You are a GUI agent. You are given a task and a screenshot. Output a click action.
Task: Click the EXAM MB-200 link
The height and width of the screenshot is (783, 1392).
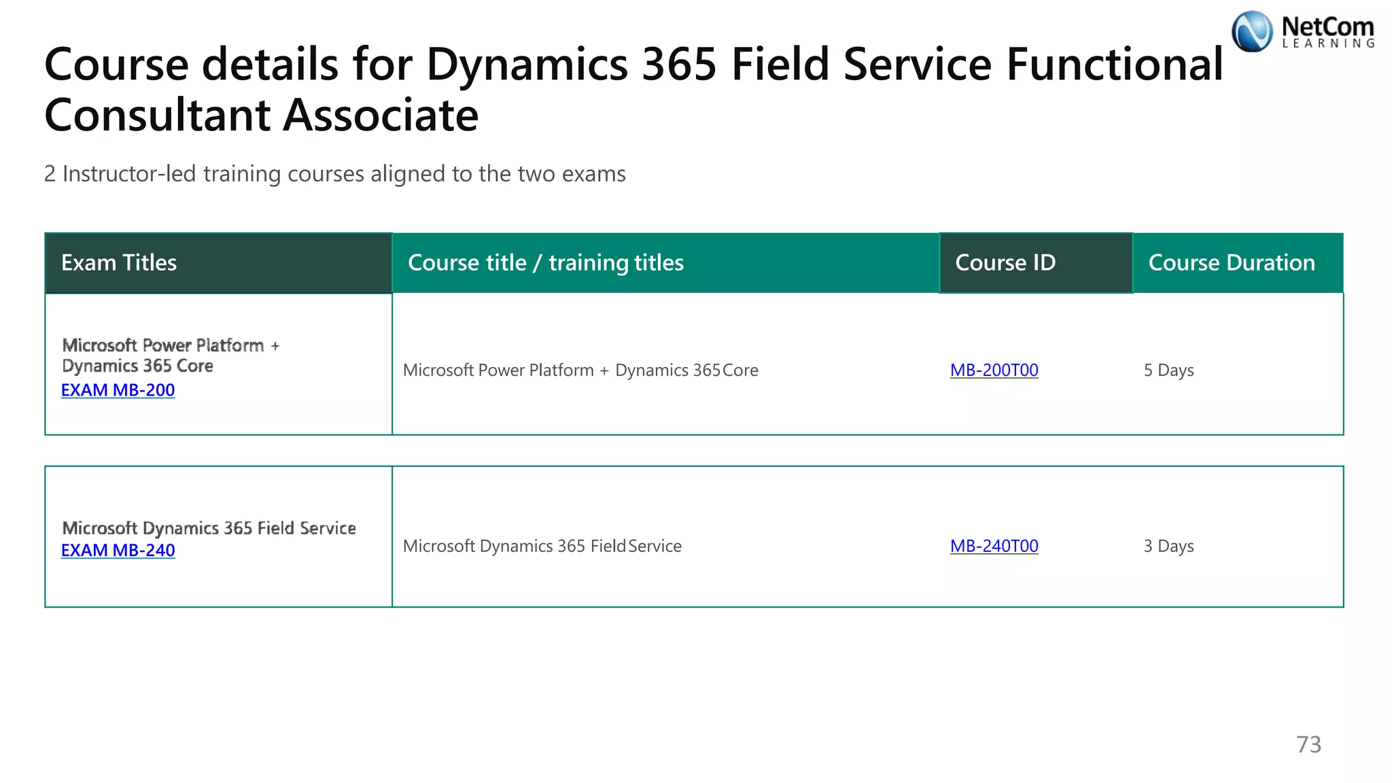[118, 390]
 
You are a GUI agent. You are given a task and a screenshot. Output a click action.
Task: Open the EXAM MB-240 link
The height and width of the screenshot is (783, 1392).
[118, 551]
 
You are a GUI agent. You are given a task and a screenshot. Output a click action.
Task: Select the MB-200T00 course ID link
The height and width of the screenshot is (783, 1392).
[994, 370]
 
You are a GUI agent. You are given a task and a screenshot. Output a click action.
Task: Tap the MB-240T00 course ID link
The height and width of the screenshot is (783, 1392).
[994, 546]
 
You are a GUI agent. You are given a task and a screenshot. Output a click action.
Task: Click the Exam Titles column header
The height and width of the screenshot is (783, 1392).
[119, 263]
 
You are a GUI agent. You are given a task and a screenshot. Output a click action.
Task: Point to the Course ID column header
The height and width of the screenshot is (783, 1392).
[1005, 263]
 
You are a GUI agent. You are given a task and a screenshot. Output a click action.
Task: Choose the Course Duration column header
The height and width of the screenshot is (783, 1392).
[1232, 263]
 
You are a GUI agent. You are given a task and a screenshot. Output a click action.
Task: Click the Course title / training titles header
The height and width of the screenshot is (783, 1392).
[545, 263]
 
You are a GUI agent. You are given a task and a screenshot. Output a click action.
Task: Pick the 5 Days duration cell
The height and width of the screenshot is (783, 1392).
[1168, 370]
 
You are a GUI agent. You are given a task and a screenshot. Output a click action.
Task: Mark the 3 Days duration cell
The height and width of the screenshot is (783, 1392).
[1168, 546]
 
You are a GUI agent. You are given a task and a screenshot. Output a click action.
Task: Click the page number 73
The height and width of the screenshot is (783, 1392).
[1308, 745]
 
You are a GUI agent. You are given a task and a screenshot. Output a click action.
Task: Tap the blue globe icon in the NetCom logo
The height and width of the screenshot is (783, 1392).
[1252, 31]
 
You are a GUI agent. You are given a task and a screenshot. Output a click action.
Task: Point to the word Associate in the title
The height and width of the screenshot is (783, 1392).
[381, 115]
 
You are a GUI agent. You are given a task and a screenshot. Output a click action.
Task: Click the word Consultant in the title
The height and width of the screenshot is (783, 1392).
[158, 115]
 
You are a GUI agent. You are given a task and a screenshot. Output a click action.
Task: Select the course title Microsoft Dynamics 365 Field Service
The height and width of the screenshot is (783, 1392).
[542, 546]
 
